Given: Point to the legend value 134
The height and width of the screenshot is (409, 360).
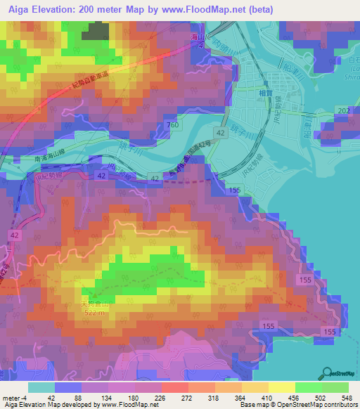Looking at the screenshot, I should pyautogui.click(x=106, y=396).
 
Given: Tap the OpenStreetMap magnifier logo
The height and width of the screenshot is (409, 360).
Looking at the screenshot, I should pyautogui.click(x=328, y=373).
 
